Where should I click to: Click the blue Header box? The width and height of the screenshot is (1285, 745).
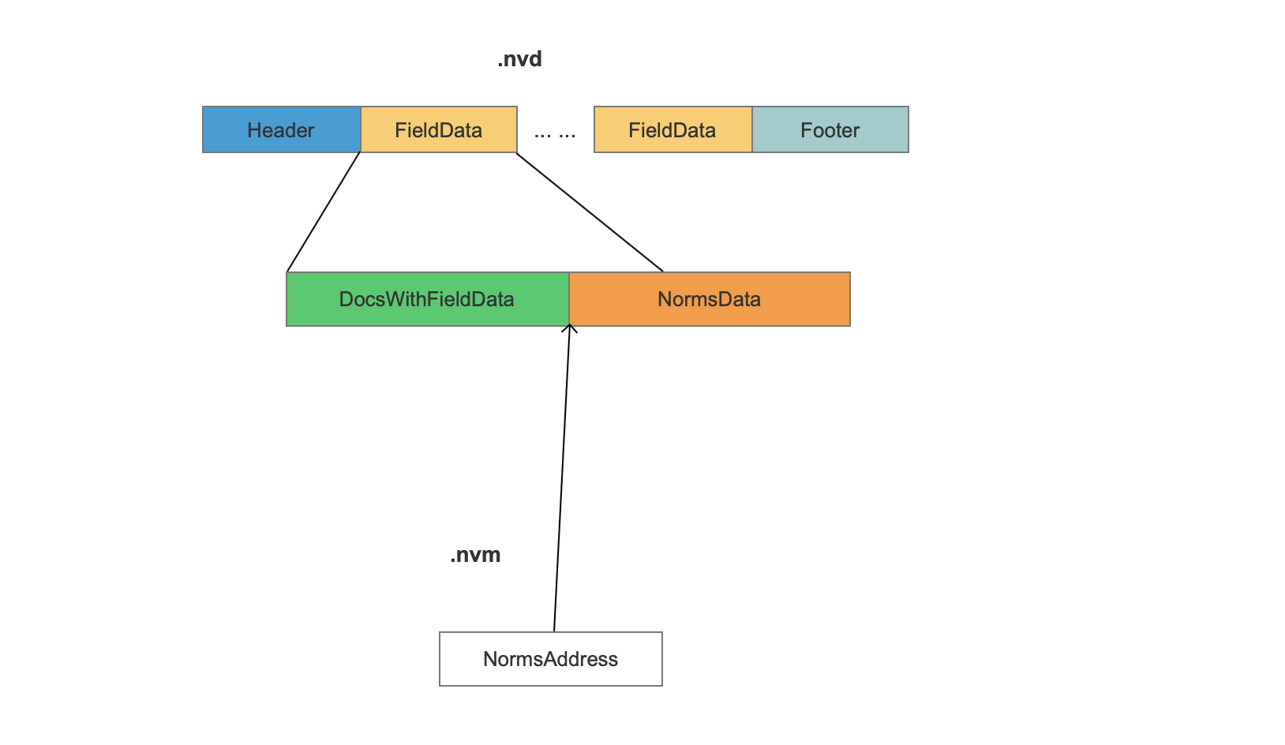coord(282,129)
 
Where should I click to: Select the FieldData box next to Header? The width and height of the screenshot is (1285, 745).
coord(439,129)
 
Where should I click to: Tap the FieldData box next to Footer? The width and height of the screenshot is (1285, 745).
coord(673,129)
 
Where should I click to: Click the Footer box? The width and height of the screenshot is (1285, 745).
coord(830,129)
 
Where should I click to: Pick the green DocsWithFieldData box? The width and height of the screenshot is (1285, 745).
coord(427,299)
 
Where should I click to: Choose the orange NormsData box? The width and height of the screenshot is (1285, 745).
coord(710,299)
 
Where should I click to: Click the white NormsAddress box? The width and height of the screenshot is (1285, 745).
coord(551,659)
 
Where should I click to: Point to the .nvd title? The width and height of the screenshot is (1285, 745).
coord(519,59)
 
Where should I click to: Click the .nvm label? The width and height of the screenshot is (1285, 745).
coord(476,555)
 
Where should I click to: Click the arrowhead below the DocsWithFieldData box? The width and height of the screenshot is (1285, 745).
coord(569,328)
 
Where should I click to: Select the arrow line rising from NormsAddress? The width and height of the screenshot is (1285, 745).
coord(562,478)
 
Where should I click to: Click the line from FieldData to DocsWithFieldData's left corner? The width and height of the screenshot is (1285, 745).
coord(324,212)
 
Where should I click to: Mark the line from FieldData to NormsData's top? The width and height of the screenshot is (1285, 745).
coord(590,212)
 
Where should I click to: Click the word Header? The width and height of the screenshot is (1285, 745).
coord(280,130)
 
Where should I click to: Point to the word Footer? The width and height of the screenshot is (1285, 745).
coord(830,130)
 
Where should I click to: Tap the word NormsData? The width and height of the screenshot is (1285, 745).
coord(709,299)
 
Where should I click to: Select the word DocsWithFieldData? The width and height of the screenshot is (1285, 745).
coord(426,299)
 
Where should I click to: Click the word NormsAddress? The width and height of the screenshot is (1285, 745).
coord(551,659)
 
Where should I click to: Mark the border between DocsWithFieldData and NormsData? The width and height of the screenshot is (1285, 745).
coord(569,299)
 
